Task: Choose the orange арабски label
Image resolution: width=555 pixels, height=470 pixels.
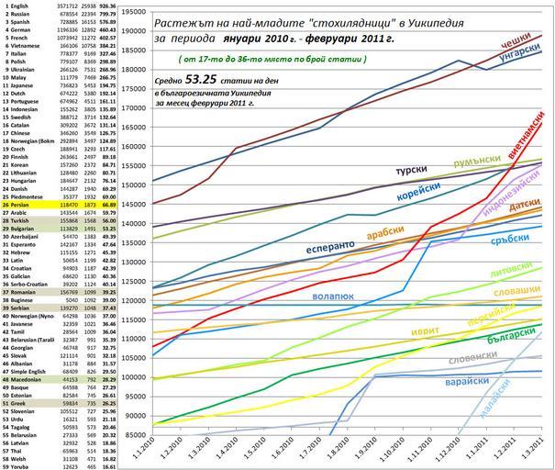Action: [x=384, y=235]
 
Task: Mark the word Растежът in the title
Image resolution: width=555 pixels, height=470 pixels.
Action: [x=182, y=21]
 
